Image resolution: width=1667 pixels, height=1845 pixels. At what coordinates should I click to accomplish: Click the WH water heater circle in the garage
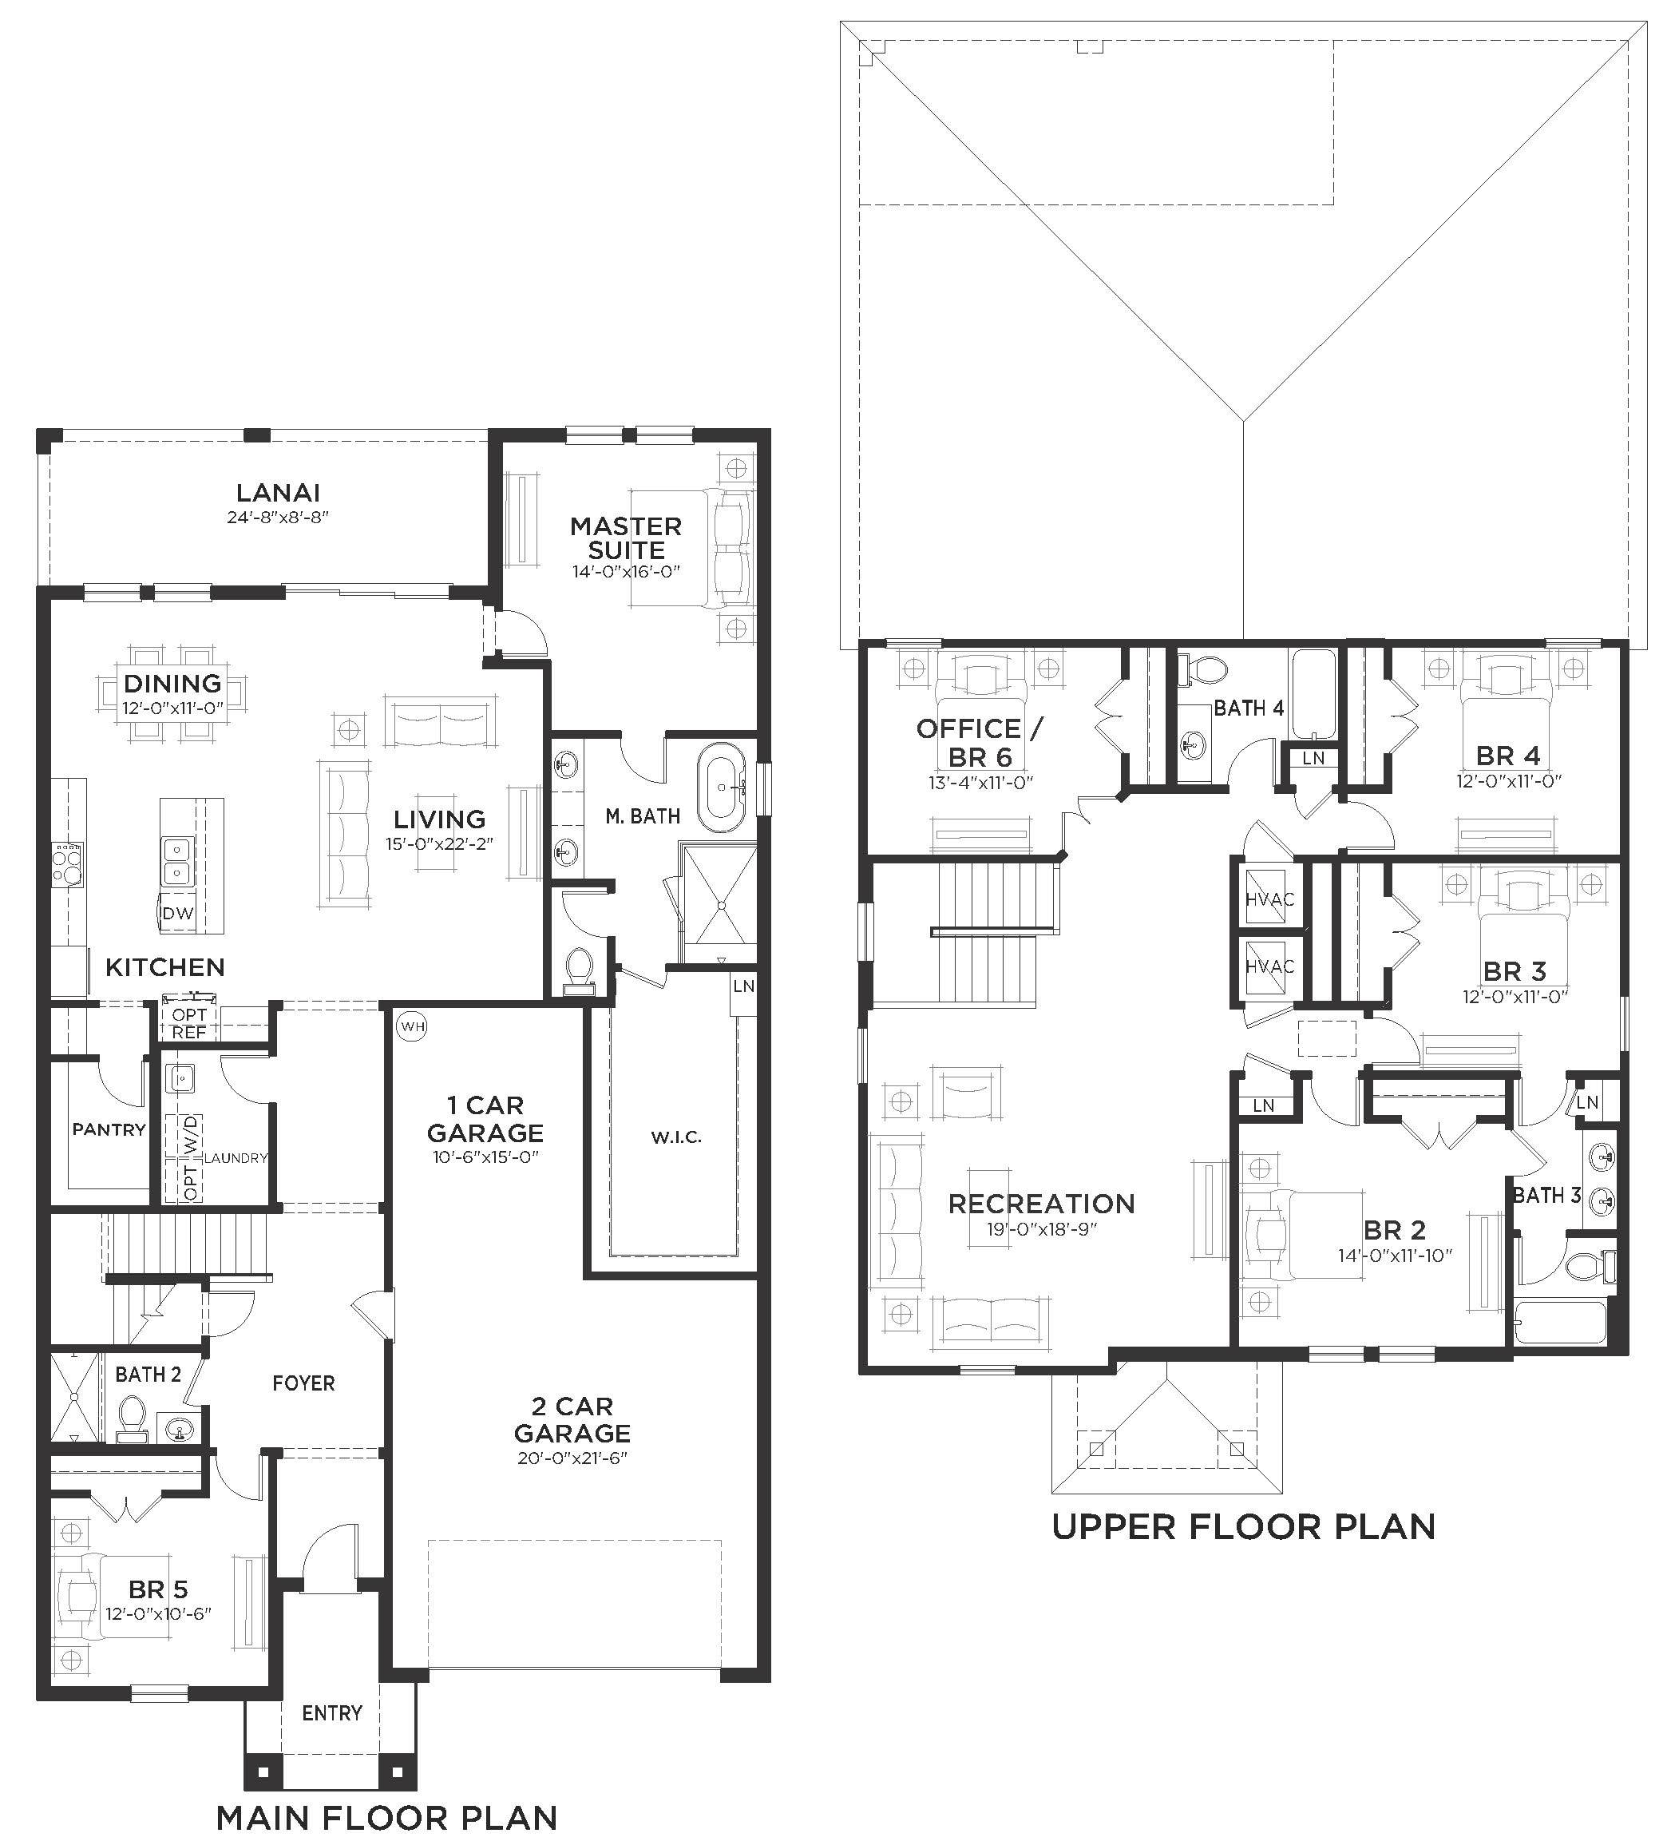point(413,1026)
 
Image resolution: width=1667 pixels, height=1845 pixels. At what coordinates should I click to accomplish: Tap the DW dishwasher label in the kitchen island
point(177,912)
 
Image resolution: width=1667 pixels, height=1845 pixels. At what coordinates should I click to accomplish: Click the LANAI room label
point(278,492)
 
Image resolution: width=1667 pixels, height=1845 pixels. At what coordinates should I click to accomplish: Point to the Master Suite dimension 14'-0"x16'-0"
point(627,572)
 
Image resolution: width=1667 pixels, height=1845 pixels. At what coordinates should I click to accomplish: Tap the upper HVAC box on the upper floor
point(1270,899)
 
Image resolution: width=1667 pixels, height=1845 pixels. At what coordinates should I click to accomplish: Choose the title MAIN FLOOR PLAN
point(387,1816)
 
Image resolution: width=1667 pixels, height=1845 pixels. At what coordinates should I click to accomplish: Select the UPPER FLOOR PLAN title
point(1243,1526)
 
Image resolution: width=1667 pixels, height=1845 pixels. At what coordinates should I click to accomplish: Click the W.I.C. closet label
point(676,1137)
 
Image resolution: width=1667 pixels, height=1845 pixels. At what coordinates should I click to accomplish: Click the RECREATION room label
point(1041,1204)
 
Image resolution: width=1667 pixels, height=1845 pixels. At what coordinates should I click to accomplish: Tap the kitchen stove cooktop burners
point(68,862)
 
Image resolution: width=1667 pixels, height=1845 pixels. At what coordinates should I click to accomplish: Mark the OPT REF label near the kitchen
point(189,1023)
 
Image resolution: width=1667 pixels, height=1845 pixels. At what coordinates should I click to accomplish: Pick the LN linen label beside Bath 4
point(1313,758)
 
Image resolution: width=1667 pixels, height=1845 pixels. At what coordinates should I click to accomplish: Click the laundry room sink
point(181,1078)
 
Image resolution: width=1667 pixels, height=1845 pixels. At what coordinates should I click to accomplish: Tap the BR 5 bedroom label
point(158,1589)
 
